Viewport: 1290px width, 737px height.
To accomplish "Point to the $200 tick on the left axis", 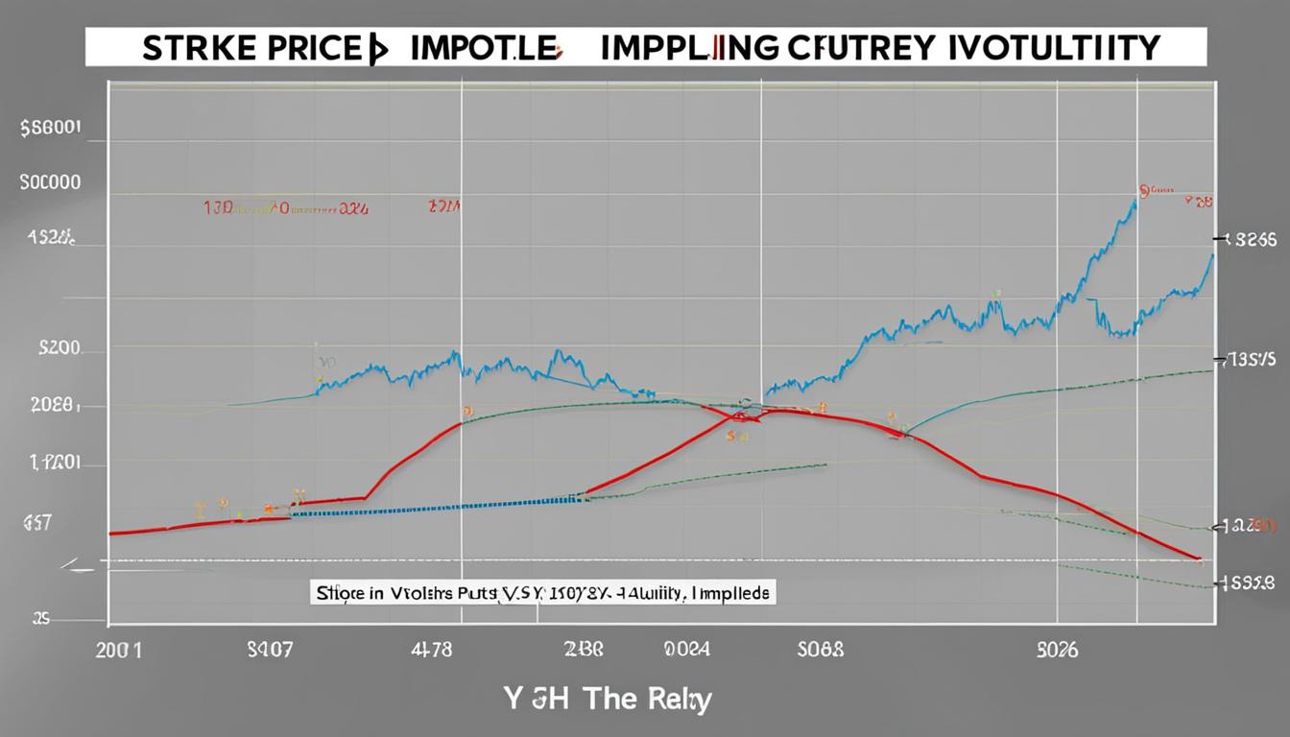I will point(60,350).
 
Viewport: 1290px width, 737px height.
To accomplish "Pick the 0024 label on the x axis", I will point(688,651).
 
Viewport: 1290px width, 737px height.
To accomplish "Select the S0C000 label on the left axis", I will point(50,181).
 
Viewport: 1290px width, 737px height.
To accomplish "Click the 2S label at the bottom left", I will point(39,619).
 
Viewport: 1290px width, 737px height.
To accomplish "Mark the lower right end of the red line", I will point(1198,558).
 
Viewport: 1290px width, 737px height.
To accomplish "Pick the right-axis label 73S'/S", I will point(1249,360).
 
